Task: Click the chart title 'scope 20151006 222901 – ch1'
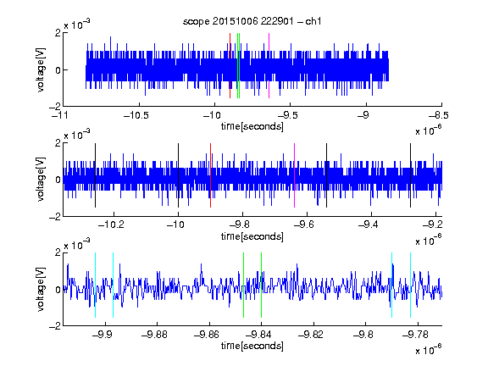[252, 21]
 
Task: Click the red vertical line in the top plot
[230, 66]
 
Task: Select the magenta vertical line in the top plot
[269, 66]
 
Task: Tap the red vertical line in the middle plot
[210, 175]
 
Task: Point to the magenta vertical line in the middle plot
[295, 175]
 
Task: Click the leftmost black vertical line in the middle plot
[95, 175]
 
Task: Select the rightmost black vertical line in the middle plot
[410, 175]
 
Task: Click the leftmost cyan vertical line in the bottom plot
[95, 285]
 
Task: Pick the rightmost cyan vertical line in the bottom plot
[410, 285]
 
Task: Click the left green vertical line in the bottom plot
[243, 285]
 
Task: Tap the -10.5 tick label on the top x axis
[136, 115]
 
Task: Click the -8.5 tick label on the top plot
[439, 115]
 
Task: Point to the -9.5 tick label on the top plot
[288, 115]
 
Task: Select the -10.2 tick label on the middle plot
[111, 225]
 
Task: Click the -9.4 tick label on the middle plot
[369, 225]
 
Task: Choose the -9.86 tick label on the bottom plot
[207, 335]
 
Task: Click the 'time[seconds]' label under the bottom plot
[252, 346]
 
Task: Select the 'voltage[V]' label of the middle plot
[41, 180]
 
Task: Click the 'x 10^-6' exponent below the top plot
[429, 130]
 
